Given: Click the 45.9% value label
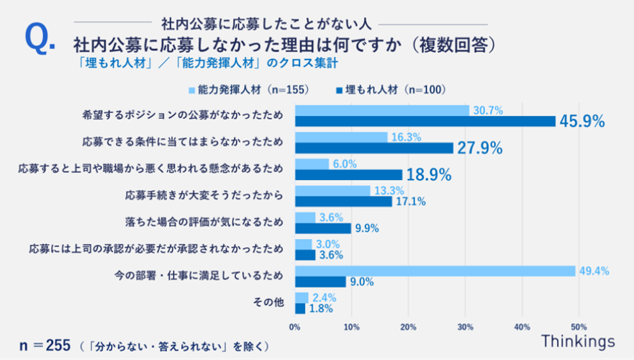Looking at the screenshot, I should pyautogui.click(x=582, y=122).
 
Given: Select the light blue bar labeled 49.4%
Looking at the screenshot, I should pyautogui.click(x=435, y=271).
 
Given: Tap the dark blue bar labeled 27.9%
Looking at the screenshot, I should pyautogui.click(x=374, y=148).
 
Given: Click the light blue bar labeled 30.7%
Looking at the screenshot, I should pyautogui.click(x=382, y=110).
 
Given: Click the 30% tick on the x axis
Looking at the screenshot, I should pyautogui.click(x=465, y=327).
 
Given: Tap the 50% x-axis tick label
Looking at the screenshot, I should pyautogui.click(x=578, y=327).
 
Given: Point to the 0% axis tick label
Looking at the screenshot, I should pyautogui.click(x=294, y=327).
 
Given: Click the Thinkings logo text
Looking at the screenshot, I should pyautogui.click(x=579, y=341).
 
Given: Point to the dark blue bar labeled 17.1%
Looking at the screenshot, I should pyautogui.click(x=343, y=202).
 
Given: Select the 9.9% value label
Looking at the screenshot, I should pyautogui.click(x=366, y=229).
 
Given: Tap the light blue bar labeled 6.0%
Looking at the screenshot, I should pyautogui.click(x=312, y=163).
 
